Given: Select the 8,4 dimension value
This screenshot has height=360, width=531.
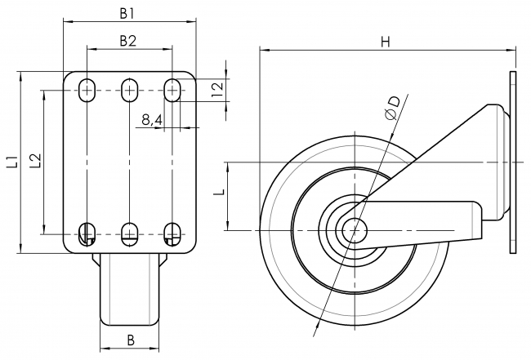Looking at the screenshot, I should (x=151, y=120).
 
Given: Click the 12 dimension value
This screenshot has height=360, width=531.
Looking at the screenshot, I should (x=217, y=90).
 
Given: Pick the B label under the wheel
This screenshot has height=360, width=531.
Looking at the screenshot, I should (x=128, y=340).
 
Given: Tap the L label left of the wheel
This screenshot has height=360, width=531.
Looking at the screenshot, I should (x=217, y=194).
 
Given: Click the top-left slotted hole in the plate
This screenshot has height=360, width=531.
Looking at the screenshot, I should (x=86, y=90).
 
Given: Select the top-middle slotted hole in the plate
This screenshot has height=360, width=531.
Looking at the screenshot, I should (x=129, y=90).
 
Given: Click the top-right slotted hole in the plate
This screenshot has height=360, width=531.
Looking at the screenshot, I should (x=172, y=90).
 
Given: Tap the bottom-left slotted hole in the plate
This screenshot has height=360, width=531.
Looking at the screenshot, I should (x=86, y=233).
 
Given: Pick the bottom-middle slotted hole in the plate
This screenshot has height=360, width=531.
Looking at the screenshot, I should (x=129, y=233).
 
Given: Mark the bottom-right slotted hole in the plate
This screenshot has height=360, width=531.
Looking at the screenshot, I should (x=172, y=233).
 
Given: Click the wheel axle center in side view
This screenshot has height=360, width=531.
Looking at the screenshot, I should (x=355, y=230).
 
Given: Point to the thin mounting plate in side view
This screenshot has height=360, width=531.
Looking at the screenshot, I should (x=513, y=163).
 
